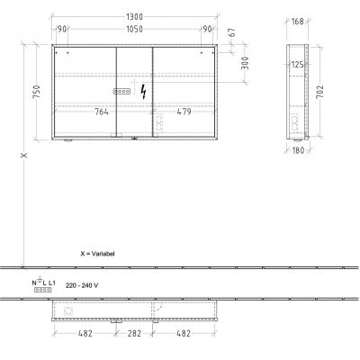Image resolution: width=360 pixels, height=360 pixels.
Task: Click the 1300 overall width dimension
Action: coord(134,16)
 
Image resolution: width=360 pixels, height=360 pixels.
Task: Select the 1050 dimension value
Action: coord(134,28)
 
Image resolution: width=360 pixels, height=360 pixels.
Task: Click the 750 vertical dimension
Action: coord(37,94)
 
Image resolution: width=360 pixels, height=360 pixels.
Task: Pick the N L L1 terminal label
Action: coord(44,284)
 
